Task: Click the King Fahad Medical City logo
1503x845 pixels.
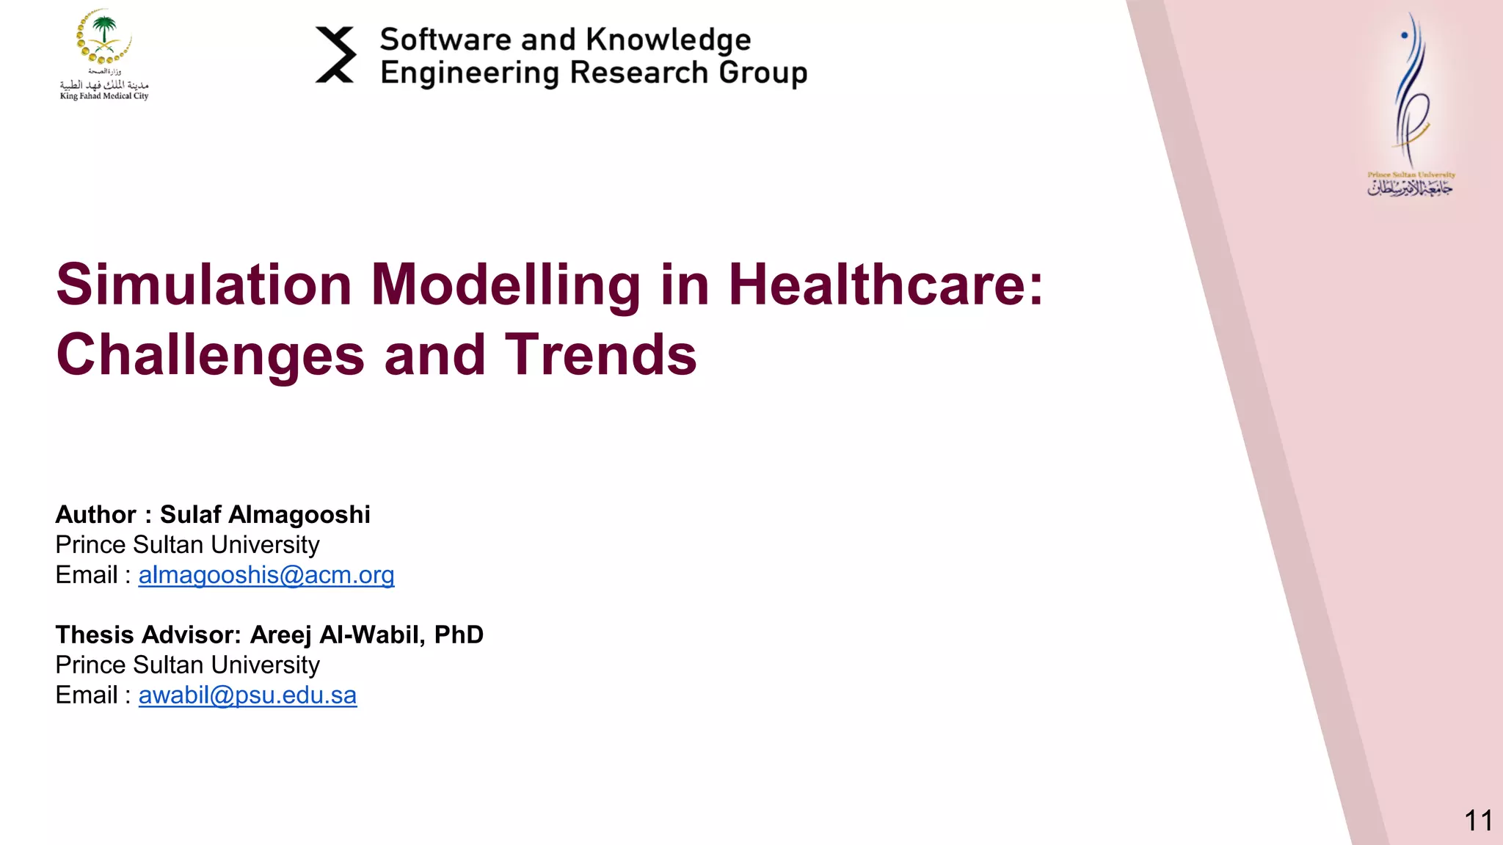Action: coord(104,54)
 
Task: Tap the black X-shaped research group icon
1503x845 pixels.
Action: coord(335,55)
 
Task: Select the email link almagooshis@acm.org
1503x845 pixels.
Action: coord(266,575)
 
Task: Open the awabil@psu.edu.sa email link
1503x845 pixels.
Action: coord(247,695)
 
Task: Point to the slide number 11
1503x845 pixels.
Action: coord(1478,820)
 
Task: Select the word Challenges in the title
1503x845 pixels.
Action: coord(210,355)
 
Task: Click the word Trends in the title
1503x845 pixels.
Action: coord(600,355)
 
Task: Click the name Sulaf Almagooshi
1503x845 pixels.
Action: coord(265,515)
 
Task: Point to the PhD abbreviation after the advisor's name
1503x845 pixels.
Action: coord(459,634)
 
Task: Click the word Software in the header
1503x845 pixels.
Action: coord(445,40)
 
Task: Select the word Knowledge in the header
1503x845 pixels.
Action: coord(669,40)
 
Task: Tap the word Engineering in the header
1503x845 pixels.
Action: coord(470,73)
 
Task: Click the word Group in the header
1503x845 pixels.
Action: coord(763,73)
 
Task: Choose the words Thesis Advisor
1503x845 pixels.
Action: coord(148,634)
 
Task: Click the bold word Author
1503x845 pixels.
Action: coord(95,515)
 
